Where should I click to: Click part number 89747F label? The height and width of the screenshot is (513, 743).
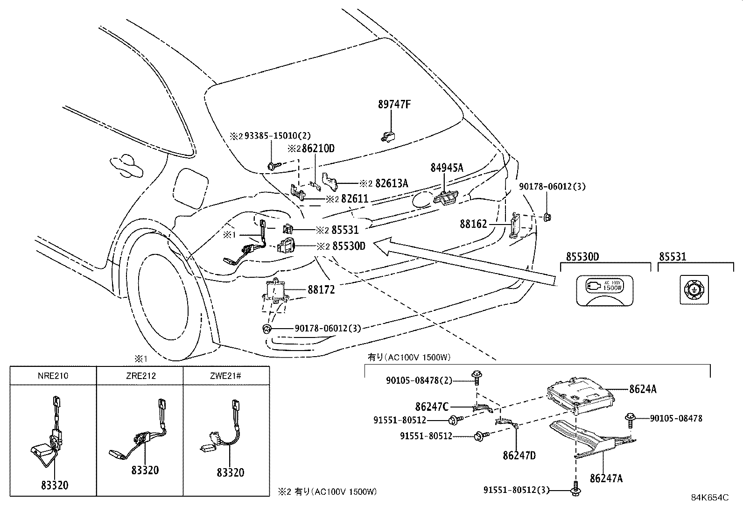394,105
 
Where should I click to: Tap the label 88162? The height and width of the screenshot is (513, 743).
473,225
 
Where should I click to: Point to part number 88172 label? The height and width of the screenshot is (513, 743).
321,290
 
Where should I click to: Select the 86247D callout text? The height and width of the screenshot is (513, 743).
519,455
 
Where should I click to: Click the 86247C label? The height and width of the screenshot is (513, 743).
432,407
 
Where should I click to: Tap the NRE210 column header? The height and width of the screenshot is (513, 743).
53,375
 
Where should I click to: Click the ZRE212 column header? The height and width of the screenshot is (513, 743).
140,375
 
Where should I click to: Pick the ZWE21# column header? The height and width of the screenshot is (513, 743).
226,375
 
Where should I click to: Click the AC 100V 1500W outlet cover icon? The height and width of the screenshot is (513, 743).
605,290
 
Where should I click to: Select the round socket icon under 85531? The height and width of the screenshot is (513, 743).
694,290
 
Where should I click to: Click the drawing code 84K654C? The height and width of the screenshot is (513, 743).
709,498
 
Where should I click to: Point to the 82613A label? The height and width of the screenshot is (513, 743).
391,183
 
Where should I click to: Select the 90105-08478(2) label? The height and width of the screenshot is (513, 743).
419,381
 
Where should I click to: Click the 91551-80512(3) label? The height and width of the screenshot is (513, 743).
516,490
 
